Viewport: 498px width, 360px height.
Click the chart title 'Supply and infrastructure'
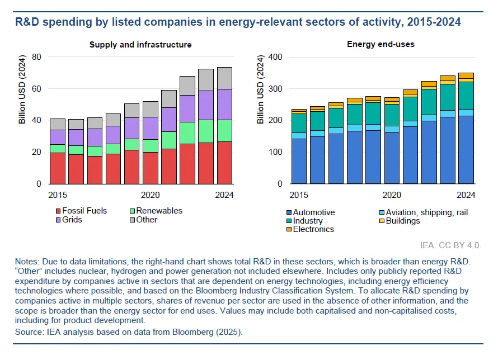pos(140,45)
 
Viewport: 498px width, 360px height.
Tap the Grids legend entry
pos(73,220)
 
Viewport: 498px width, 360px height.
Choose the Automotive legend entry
pos(313,212)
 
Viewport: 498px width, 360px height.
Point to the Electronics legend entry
pos(313,229)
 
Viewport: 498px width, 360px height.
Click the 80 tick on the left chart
pos(37,57)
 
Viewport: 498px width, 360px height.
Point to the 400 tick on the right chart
pos(276,57)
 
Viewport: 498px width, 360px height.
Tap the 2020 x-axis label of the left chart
pos(150,195)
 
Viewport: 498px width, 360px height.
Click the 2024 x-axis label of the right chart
pos(466,195)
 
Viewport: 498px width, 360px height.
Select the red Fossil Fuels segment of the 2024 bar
pos(224,162)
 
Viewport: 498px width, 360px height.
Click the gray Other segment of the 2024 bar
pos(224,78)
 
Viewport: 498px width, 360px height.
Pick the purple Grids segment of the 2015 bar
pos(58,137)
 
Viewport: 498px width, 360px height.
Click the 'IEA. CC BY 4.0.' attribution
pos(450,245)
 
